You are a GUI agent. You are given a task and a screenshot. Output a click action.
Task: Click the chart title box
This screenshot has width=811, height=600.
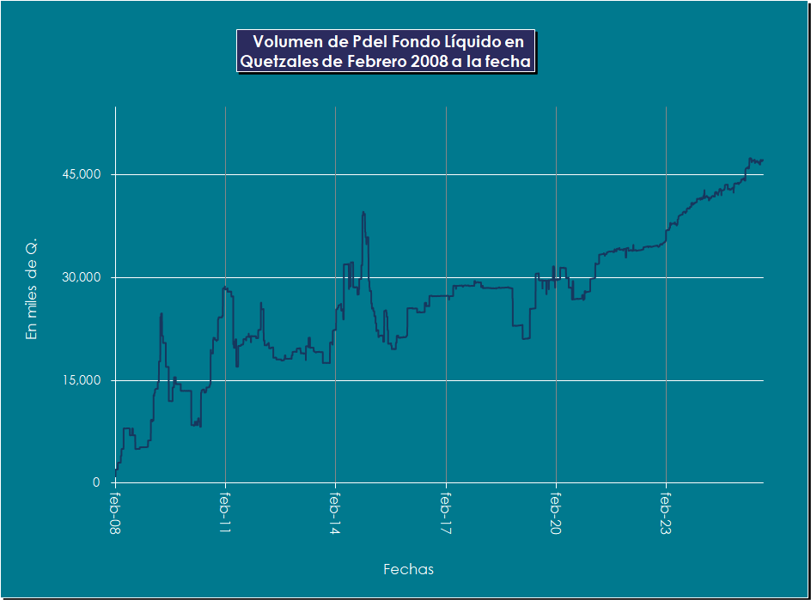click(x=386, y=52)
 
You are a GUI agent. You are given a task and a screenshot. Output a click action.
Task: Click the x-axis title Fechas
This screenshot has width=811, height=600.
click(x=408, y=569)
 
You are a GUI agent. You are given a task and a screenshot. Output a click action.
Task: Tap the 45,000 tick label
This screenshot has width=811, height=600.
click(x=83, y=174)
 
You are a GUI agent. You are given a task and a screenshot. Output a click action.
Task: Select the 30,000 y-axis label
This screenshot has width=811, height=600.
click(x=83, y=277)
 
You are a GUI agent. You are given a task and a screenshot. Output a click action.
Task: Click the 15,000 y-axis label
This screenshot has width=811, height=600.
click(x=83, y=380)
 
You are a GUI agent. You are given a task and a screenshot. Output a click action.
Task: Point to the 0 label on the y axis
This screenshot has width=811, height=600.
click(x=97, y=482)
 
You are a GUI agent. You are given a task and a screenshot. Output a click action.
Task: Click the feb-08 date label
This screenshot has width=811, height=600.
click(x=116, y=513)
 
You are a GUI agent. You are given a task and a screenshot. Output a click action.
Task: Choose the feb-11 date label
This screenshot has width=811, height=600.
click(x=226, y=513)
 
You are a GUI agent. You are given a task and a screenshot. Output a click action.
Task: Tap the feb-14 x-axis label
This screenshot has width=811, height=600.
click(x=336, y=513)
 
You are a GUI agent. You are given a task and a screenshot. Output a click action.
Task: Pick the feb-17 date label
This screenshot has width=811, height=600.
click(x=446, y=513)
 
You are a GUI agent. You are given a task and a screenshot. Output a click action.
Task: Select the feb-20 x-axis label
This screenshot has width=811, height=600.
click(x=557, y=513)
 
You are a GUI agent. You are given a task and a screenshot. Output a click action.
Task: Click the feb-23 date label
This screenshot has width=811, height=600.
click(x=667, y=513)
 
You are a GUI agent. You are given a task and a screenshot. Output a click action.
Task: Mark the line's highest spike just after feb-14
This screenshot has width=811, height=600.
click(x=363, y=212)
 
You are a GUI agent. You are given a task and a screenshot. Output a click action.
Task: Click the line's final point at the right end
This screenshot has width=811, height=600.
click(x=762, y=161)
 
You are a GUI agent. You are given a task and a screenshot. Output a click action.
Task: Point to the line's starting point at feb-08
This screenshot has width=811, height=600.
click(x=116, y=475)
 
